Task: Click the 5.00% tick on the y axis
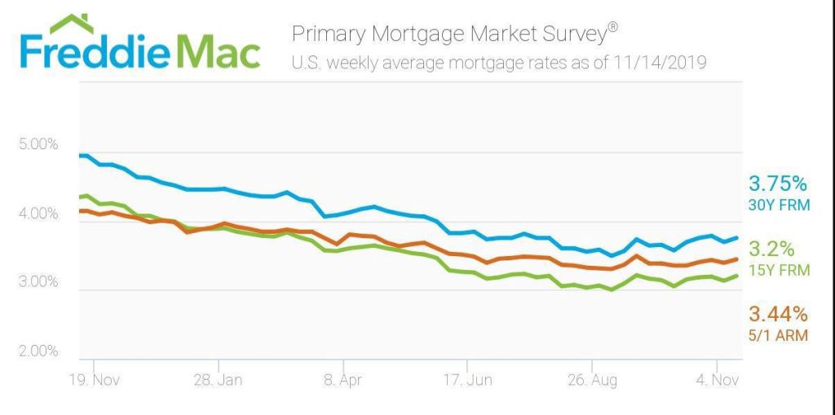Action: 38,144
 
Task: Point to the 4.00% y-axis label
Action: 38,214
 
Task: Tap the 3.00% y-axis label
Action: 38,282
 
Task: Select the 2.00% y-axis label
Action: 38,351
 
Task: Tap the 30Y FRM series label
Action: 780,205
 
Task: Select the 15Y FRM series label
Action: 780,270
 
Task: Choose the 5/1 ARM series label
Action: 777,335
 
